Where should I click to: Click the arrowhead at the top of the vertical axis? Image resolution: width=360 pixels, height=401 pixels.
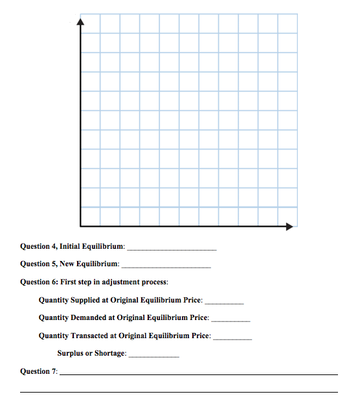click(80, 22)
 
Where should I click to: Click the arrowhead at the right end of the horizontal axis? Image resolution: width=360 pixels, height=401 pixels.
click(290, 226)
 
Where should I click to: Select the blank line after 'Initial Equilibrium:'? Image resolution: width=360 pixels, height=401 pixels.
click(172, 249)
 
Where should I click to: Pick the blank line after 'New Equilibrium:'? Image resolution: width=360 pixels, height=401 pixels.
click(166, 266)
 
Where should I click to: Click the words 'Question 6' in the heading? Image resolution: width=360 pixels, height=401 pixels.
click(39, 282)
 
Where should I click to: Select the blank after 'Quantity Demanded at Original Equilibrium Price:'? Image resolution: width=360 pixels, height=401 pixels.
click(231, 320)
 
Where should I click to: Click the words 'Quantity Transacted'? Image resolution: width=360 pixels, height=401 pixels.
click(73, 336)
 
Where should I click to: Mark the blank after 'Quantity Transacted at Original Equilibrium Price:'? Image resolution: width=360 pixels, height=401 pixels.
click(232, 338)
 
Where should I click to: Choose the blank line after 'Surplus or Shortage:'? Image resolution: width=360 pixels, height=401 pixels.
click(153, 356)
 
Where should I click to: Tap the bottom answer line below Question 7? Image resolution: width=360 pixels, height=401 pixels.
click(179, 391)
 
